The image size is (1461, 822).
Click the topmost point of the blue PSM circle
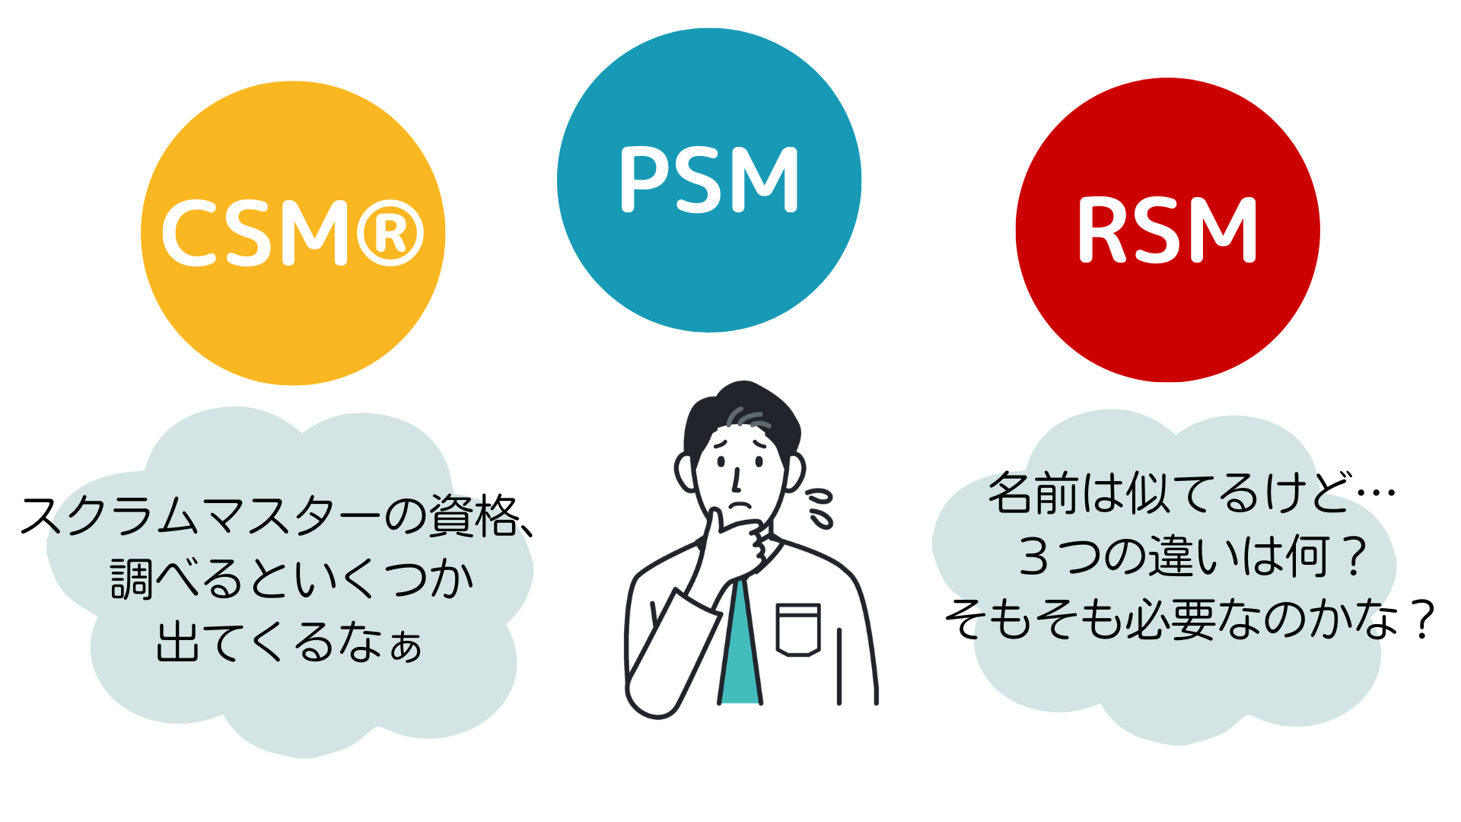[709, 28]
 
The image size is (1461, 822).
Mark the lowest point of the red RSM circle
[1168, 382]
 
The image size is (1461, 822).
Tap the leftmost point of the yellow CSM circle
[141, 233]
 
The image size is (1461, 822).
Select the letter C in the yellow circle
[189, 233]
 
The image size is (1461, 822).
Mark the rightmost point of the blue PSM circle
[861, 180]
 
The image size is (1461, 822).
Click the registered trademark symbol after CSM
[390, 233]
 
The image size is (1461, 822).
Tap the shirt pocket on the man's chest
[797, 629]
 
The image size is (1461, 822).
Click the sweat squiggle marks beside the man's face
[820, 508]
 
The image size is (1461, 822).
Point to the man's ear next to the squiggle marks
[794, 472]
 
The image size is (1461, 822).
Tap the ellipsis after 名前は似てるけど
[1376, 493]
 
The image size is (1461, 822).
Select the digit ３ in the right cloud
[1034, 556]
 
